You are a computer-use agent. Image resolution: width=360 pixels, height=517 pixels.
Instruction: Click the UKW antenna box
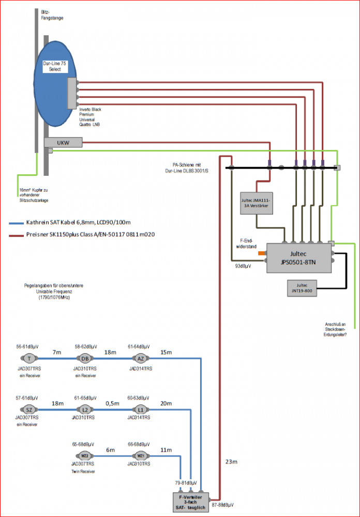pyautogui.click(x=63, y=142)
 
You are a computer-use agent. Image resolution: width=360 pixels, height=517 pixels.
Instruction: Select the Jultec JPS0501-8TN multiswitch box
pyautogui.click(x=299, y=257)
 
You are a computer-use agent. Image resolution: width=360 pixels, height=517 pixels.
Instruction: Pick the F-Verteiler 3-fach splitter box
pyautogui.click(x=192, y=501)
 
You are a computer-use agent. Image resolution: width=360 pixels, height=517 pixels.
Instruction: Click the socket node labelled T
pyautogui.click(x=29, y=358)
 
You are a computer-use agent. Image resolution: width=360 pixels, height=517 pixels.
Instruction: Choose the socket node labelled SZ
pyautogui.click(x=29, y=410)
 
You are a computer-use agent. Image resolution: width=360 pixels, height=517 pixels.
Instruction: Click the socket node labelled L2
pyautogui.click(x=84, y=410)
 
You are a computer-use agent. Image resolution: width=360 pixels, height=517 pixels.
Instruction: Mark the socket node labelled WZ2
pyautogui.click(x=84, y=455)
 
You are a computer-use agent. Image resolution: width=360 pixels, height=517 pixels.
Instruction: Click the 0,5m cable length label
pyautogui.click(x=112, y=404)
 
